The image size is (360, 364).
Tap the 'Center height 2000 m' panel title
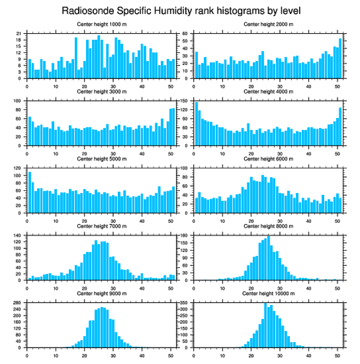point(268,24)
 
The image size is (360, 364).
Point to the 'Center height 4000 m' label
point(268,91)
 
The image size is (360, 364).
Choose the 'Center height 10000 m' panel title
point(268,293)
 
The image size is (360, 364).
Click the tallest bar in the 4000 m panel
point(196,124)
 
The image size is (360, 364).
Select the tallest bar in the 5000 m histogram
point(30,192)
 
